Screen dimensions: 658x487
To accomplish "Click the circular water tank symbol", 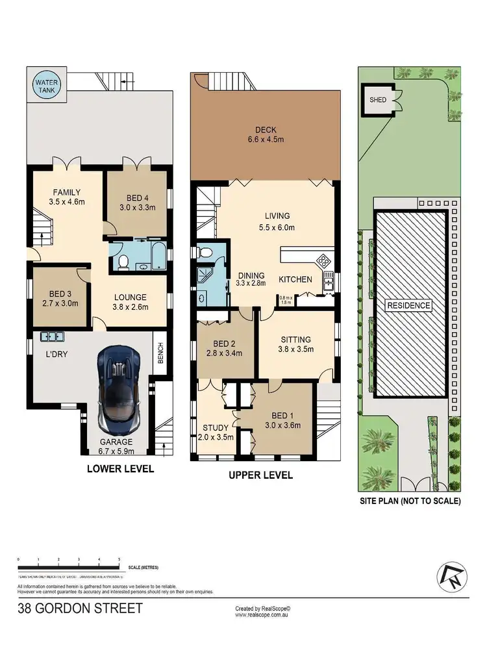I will click(x=46, y=86).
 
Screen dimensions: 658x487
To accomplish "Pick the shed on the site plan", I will click(x=377, y=101).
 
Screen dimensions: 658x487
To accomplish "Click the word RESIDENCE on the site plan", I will click(x=408, y=305).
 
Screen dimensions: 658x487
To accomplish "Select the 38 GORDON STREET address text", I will click(x=80, y=609).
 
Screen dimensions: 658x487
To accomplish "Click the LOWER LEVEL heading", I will click(x=120, y=468).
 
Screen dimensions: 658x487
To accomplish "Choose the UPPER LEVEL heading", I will click(x=260, y=475).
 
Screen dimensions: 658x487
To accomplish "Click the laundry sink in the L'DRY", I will click(x=53, y=336).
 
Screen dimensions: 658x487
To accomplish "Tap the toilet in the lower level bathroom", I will click(x=123, y=262).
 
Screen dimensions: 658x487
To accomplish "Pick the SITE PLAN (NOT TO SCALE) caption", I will click(x=410, y=501).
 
